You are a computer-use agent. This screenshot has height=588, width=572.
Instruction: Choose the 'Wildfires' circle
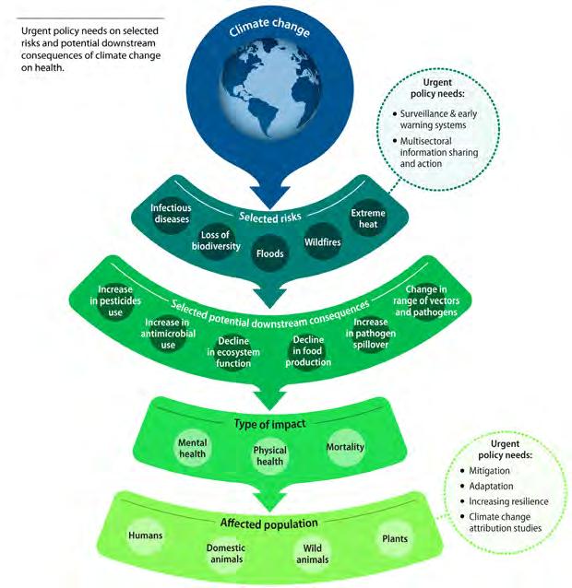click(x=323, y=241)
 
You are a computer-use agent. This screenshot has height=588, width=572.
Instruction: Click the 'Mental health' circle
click(x=193, y=449)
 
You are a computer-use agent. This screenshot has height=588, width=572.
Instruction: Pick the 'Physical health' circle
click(x=269, y=456)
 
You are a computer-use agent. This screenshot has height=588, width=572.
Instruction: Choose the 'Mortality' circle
click(x=345, y=448)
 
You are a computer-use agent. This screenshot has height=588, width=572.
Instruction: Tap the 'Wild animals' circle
click(x=311, y=553)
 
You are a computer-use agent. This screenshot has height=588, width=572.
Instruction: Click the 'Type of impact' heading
click(x=269, y=423)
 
